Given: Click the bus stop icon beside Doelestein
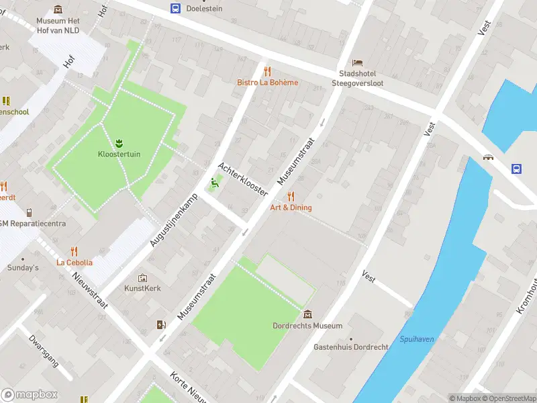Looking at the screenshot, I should (175, 8).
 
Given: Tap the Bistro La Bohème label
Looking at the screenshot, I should (267, 83).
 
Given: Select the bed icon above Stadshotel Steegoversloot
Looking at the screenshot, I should (357, 62).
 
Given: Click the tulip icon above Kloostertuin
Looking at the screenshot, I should (119, 142).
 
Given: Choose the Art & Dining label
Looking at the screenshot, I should (291, 208).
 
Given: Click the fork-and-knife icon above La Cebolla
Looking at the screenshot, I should (75, 251).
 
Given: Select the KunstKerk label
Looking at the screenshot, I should (142, 288).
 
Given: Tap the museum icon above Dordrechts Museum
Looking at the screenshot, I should (307, 314).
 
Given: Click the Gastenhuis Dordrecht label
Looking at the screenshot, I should (350, 347).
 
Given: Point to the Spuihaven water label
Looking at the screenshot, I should (416, 339).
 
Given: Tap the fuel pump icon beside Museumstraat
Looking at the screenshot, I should (160, 325).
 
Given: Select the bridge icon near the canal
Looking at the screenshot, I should (489, 157).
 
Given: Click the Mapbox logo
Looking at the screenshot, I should (30, 394).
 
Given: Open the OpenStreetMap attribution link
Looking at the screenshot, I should (507, 398).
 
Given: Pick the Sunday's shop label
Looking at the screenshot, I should (23, 268).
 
